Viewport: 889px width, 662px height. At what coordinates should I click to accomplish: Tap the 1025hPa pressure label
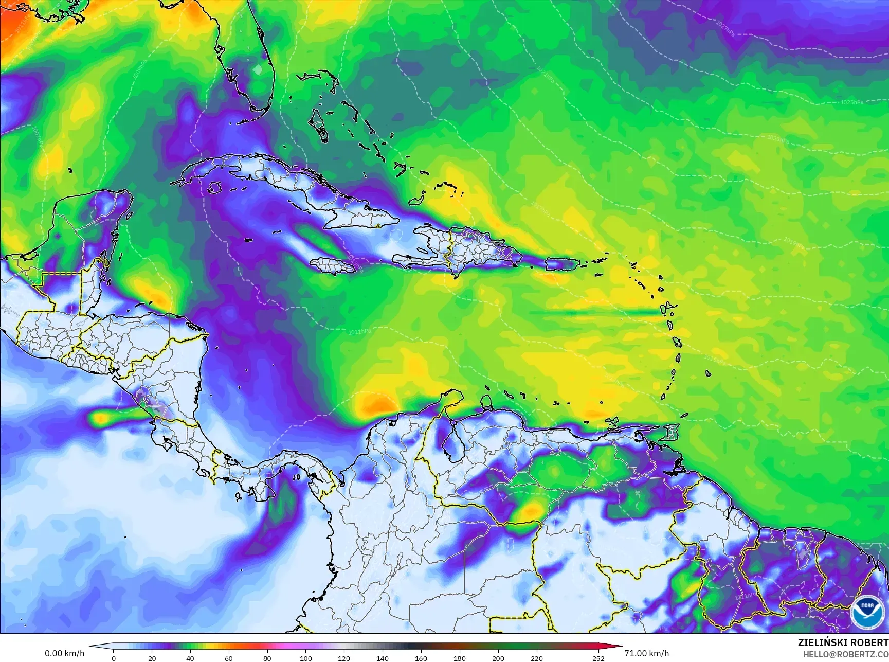852,102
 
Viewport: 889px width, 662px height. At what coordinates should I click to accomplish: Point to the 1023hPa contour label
777,139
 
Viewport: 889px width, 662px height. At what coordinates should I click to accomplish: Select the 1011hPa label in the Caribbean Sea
359,332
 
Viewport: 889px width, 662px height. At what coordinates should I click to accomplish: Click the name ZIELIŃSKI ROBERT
843,642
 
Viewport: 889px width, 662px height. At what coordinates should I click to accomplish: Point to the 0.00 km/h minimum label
64,653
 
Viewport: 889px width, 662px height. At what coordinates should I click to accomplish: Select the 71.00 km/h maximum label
646,653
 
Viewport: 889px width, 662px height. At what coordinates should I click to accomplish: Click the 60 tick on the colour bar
229,658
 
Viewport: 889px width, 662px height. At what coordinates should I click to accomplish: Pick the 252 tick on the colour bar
598,658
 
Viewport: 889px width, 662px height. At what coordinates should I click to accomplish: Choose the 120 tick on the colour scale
344,658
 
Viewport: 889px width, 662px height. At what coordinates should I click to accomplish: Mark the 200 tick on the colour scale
498,658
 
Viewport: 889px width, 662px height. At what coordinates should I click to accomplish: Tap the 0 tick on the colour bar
114,658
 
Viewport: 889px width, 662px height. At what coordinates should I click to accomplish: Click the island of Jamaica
333,265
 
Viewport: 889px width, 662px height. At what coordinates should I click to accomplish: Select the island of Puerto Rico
562,264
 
